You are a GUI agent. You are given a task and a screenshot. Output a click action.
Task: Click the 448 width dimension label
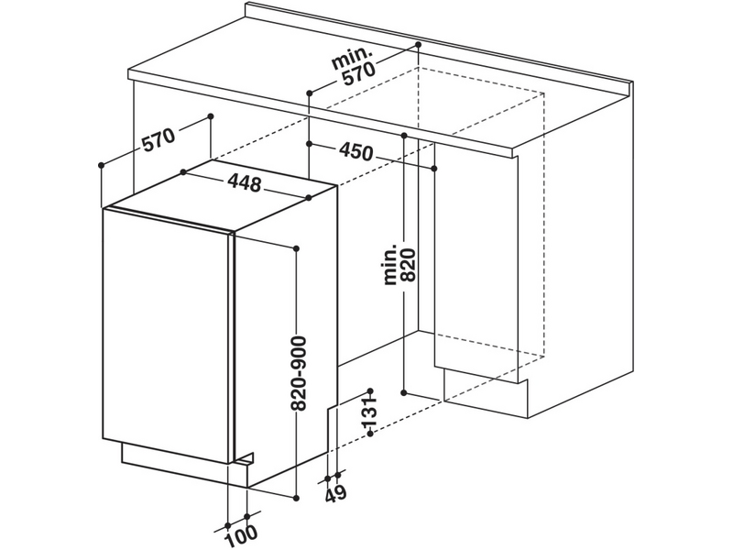click(242, 183)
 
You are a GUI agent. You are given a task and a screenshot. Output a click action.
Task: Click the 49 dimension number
click(335, 496)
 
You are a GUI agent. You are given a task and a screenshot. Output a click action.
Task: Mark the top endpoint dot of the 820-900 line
click(297, 247)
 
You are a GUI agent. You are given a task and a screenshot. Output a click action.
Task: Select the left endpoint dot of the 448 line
click(183, 172)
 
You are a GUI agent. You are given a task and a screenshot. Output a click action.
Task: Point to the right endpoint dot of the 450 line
click(434, 169)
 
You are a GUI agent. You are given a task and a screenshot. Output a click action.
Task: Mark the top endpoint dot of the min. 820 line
click(404, 136)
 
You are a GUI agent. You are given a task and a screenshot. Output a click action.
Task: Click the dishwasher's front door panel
click(165, 335)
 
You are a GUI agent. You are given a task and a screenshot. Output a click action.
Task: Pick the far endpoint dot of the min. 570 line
click(418, 44)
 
